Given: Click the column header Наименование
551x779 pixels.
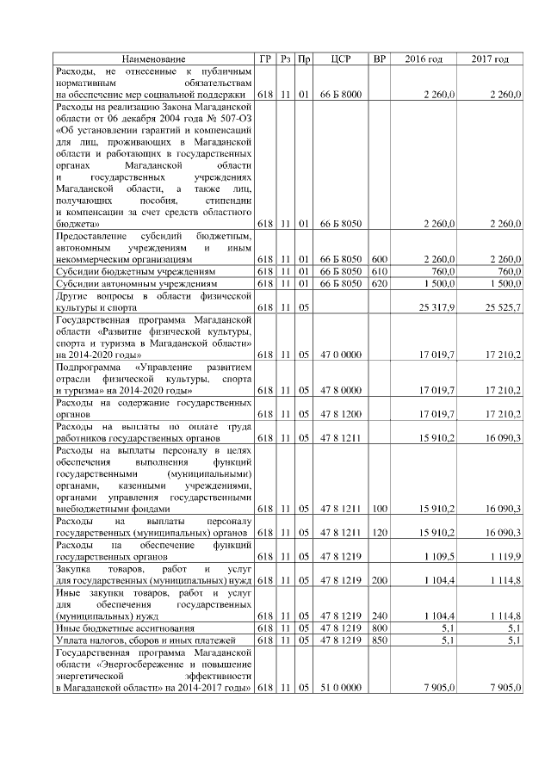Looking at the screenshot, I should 153,59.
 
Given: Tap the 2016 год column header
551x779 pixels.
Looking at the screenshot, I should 424,59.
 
